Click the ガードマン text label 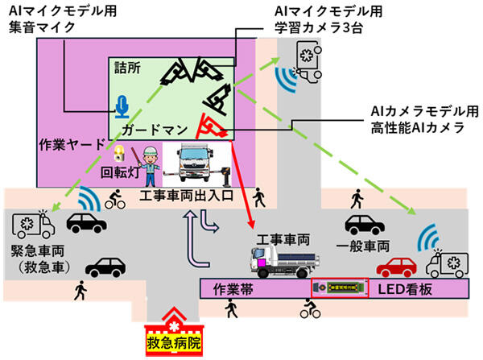(155, 130)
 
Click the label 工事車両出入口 (186, 196)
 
